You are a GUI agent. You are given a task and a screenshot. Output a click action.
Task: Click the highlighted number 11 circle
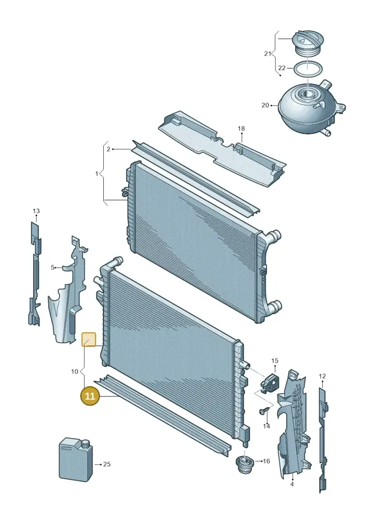point(90,396)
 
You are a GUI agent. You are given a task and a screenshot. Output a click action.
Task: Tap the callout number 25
point(107,464)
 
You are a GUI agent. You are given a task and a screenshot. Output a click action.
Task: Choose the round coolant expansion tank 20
point(311,108)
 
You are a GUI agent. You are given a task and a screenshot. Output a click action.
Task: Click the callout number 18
point(241,129)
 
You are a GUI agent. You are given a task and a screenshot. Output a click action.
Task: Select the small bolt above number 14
point(264,411)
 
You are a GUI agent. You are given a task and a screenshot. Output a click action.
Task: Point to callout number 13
point(36,211)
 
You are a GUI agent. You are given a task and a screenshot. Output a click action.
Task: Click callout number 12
point(322,376)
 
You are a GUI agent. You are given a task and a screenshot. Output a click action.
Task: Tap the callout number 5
point(53,268)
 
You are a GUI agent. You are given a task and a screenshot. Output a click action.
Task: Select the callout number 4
point(292,484)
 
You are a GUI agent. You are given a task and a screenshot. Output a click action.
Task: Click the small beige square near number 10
point(89,339)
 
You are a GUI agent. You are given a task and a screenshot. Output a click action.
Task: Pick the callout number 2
point(108,149)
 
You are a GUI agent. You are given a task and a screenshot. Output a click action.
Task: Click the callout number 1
point(97,174)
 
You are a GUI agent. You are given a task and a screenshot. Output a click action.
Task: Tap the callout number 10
point(74,372)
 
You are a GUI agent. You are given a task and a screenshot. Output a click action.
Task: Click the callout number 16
point(266,461)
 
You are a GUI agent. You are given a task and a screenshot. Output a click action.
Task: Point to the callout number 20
point(266,106)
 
